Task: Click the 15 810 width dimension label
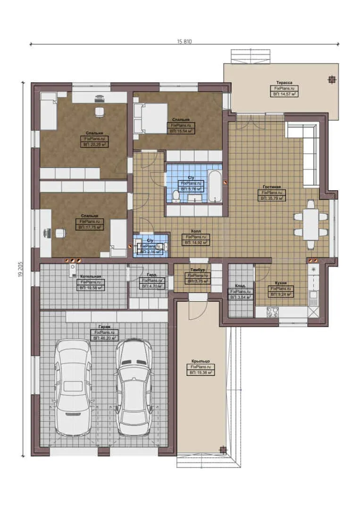184,42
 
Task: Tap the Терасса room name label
284,83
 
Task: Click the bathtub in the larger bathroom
215,186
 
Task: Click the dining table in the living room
310,224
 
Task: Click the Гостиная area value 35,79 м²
271,199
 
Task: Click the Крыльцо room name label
201,361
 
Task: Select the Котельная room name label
91,276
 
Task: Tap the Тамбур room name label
197,270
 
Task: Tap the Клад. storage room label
240,286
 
